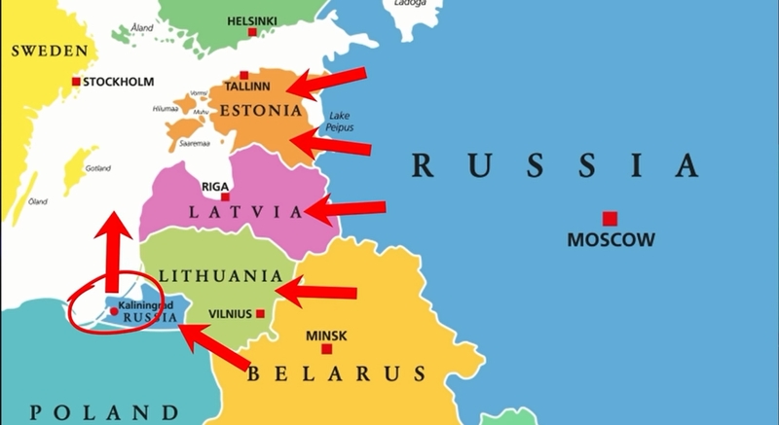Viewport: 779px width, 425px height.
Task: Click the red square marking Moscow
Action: click(x=610, y=219)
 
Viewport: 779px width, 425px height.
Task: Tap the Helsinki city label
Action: click(x=252, y=19)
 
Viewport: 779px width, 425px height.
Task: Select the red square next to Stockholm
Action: click(x=77, y=82)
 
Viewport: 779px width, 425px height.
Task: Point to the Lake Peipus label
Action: click(x=341, y=122)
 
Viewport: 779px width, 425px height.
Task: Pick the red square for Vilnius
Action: click(x=260, y=313)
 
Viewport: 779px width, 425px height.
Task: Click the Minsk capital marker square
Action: click(x=327, y=348)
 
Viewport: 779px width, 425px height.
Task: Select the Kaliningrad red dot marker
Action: click(x=114, y=311)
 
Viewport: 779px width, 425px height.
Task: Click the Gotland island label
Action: click(x=98, y=167)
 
